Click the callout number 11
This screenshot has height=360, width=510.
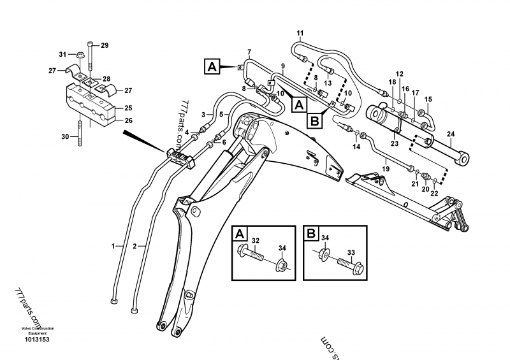300,33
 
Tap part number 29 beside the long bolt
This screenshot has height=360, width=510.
105,45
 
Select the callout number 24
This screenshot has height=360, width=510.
451,134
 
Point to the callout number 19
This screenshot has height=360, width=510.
386,169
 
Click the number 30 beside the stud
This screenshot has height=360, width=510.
65,136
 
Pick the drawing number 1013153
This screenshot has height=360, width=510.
37,340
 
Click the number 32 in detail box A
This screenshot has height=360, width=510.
256,241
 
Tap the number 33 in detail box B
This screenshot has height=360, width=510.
351,252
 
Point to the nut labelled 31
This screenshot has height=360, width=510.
79,55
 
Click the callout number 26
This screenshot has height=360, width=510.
129,120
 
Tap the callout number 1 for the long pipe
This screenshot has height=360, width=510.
113,246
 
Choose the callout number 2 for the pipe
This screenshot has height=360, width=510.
135,246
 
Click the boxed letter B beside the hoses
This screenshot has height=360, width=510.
315,120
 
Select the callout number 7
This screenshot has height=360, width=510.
249,52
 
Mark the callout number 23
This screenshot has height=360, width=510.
394,143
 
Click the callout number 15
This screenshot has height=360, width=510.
428,99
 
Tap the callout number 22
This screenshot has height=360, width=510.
434,193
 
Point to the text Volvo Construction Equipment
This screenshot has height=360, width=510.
38,331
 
